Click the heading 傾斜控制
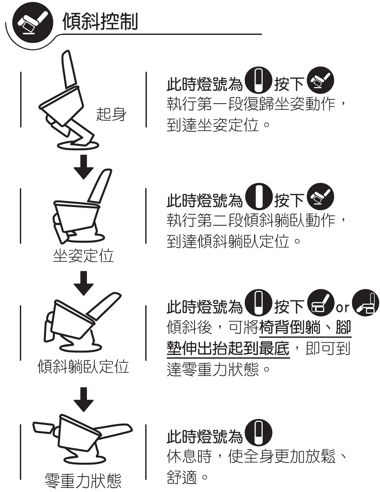(100, 22)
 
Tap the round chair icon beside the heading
(33, 22)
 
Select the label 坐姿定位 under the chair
(83, 256)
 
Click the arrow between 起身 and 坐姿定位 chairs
(83, 167)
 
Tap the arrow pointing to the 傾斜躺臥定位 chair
(83, 283)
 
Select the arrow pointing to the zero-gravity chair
(83, 400)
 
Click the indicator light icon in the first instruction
(258, 80)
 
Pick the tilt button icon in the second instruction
(320, 197)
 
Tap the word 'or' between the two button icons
(343, 307)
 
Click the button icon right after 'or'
(366, 303)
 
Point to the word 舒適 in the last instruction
(182, 477)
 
